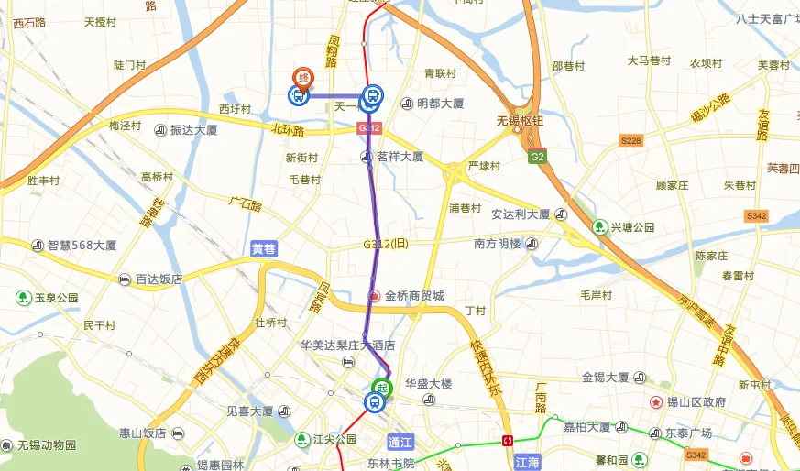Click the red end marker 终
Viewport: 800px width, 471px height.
point(301,78)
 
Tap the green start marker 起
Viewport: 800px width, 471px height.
point(380,387)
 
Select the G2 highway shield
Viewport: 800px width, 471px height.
point(537,157)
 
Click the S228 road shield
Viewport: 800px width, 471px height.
point(630,140)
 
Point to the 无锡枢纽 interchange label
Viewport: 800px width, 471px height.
point(521,120)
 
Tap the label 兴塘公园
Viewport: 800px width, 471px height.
point(633,226)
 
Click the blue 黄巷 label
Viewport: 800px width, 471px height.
point(263,248)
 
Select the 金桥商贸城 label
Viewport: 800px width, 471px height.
point(413,296)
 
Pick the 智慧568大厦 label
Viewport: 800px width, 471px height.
point(82,246)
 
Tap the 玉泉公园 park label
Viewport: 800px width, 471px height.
point(56,298)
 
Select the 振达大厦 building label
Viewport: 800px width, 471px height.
point(193,130)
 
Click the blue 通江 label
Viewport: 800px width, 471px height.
point(401,441)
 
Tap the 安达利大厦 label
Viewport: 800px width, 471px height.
point(520,214)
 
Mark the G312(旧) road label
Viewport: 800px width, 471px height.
point(385,244)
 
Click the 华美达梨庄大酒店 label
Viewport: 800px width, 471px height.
point(347,345)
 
